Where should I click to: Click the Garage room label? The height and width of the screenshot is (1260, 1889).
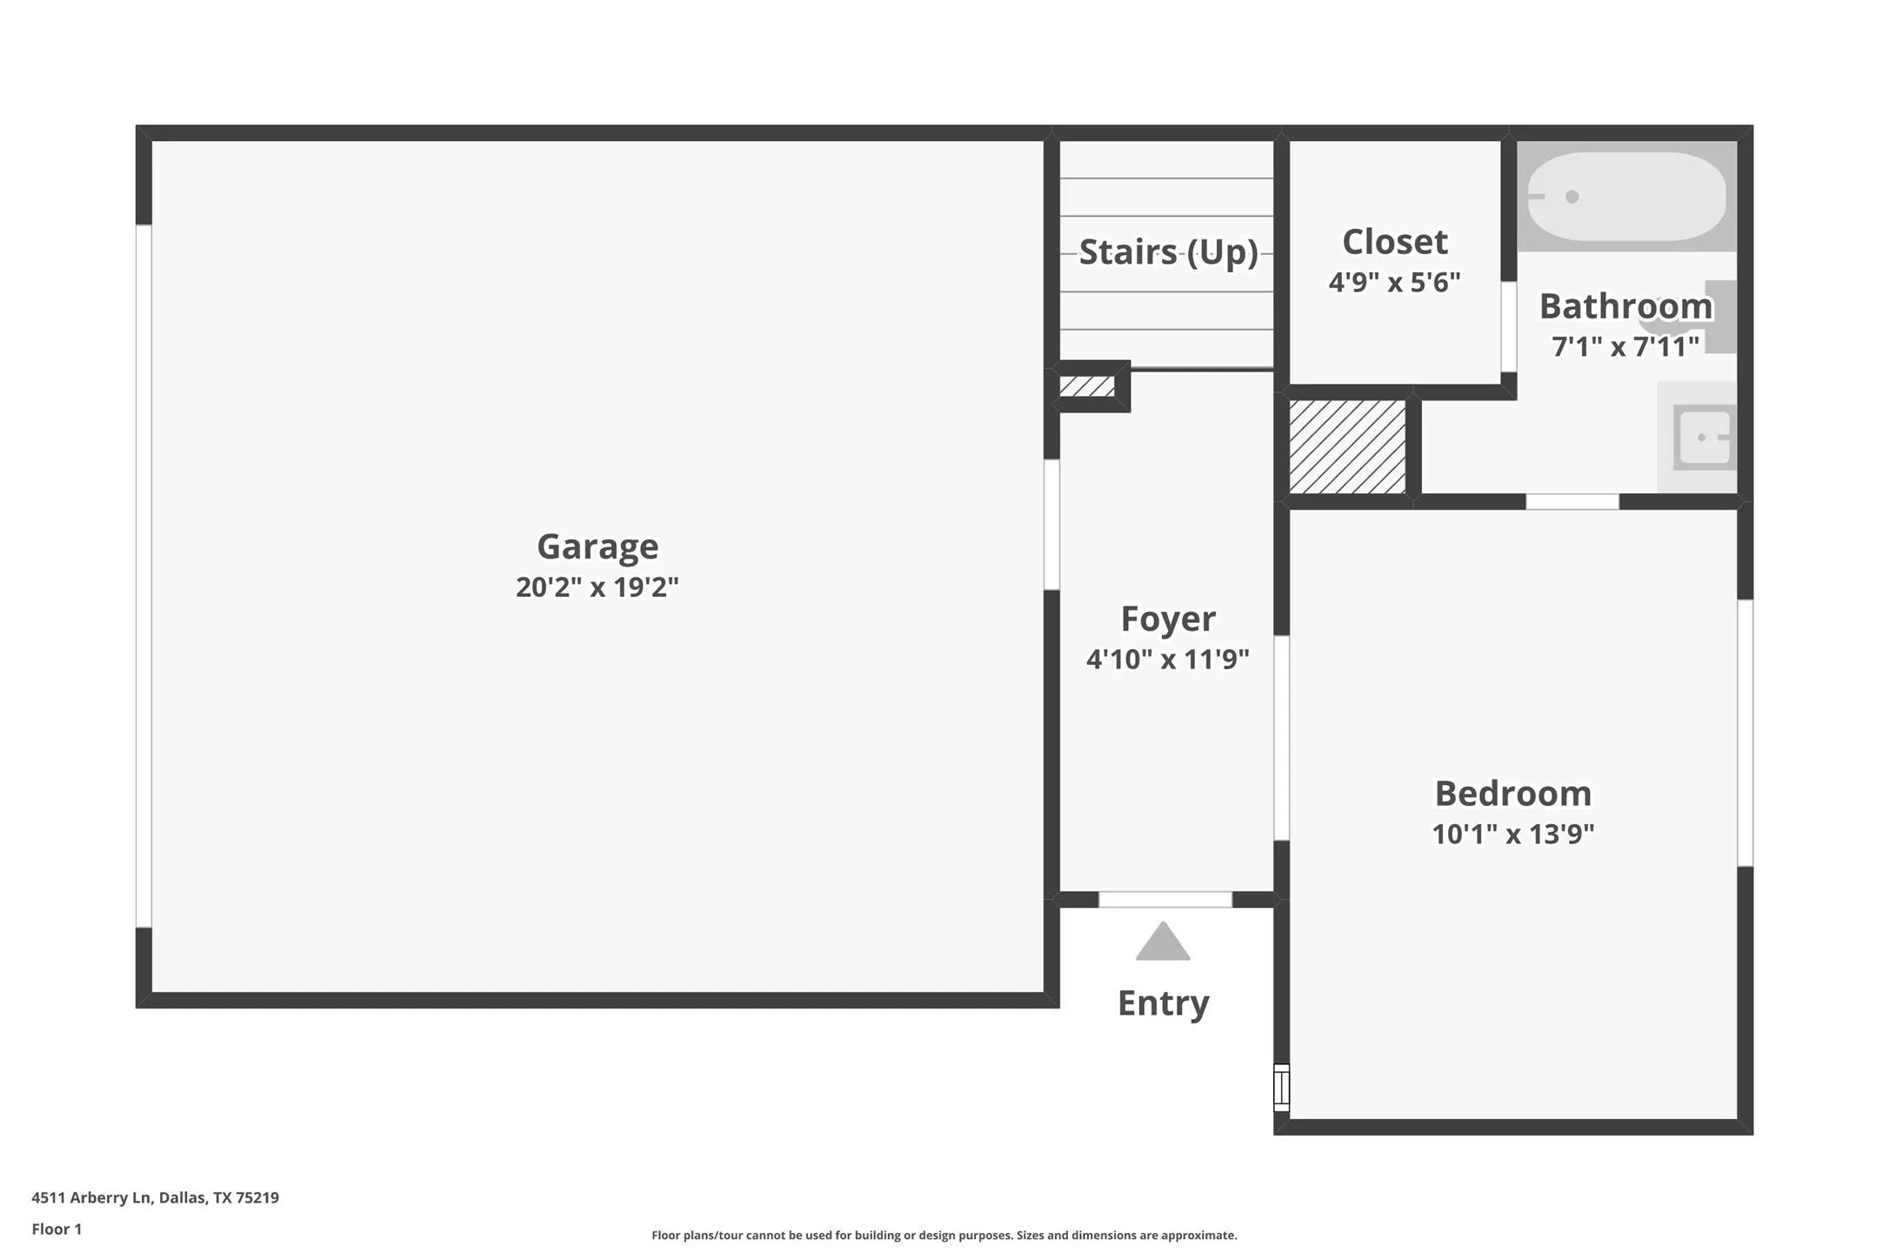click(x=597, y=546)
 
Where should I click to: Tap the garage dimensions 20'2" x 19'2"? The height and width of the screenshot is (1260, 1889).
click(x=597, y=587)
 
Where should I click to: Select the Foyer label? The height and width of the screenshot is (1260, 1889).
click(x=1167, y=619)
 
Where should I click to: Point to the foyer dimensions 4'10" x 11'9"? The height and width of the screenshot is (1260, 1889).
click(x=1167, y=660)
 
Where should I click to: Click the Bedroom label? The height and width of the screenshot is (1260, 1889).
click(x=1512, y=794)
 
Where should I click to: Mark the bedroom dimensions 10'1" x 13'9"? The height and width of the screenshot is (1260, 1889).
click(x=1512, y=834)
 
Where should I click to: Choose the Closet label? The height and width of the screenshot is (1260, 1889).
click(x=1394, y=242)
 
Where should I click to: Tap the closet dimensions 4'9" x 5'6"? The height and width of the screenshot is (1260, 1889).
click(x=1394, y=283)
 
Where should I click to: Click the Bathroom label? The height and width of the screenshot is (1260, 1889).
click(x=1625, y=306)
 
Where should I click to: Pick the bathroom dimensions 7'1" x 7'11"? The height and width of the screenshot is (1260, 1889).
click(x=1625, y=347)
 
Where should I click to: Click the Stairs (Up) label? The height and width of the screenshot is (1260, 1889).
click(x=1167, y=252)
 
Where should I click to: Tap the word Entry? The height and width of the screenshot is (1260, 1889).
click(x=1163, y=1003)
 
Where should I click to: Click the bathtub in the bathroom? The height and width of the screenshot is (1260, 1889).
click(x=1626, y=197)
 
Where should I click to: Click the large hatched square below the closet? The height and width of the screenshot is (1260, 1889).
click(x=1346, y=446)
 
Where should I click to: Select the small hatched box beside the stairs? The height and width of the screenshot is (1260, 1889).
click(x=1087, y=386)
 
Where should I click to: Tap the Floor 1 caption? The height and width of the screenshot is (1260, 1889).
click(x=57, y=1229)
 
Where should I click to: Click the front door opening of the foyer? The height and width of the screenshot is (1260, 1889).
click(x=1165, y=900)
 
